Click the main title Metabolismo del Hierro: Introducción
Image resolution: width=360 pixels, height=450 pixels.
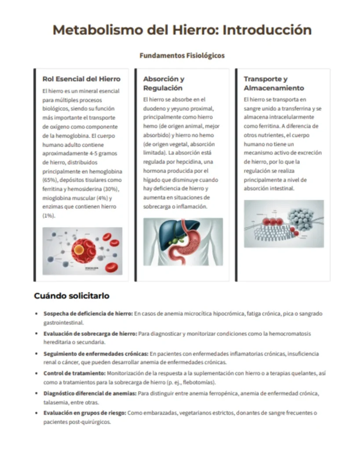coord(182,30)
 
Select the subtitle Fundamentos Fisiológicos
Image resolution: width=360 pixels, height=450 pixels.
coord(182,56)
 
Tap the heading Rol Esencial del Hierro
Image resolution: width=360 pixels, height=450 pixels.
coord(81,79)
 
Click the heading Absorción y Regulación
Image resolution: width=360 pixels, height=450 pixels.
coord(164,83)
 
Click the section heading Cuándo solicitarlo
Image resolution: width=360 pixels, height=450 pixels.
coord(72,296)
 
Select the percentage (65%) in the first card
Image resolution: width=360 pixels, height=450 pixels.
coord(48,180)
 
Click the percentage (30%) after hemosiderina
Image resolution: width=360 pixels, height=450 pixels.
coord(112,189)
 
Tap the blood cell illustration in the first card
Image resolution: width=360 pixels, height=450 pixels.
coord(82,251)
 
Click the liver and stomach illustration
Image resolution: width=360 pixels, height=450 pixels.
coord(183,242)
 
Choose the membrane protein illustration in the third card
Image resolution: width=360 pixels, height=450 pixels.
coord(284,224)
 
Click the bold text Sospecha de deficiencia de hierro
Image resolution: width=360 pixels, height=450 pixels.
coord(88,314)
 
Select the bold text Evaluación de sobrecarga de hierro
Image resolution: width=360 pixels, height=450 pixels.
coord(90,334)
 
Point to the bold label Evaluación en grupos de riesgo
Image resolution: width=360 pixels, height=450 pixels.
coord(84,413)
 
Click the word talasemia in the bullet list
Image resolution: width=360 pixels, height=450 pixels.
coord(55,402)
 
